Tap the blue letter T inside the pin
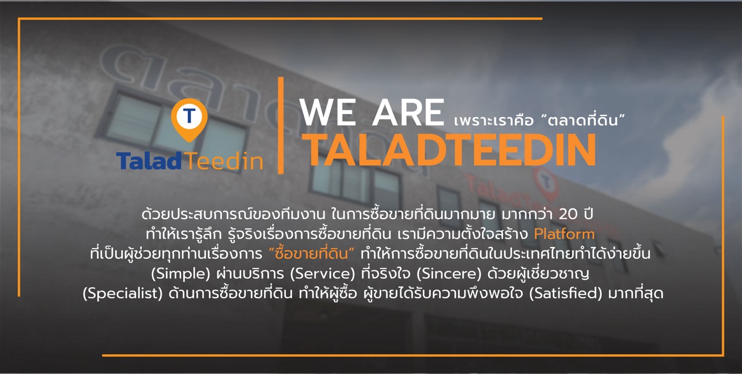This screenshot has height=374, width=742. [189, 115]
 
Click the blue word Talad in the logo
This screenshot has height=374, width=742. [149, 161]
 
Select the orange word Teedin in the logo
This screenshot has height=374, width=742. [224, 161]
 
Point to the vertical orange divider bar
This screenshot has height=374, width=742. [281, 125]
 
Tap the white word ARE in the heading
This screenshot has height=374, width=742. [408, 112]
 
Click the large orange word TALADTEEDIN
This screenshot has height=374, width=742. [449, 150]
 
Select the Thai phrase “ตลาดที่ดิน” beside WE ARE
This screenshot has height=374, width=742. [583, 120]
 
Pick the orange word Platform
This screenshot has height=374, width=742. [565, 234]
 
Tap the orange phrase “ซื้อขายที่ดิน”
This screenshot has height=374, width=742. [311, 253]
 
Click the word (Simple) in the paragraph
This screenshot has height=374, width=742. [180, 274]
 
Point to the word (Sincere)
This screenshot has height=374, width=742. [449, 274]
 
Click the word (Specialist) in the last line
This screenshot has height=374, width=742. [122, 294]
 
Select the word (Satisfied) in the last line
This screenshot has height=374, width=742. [565, 293]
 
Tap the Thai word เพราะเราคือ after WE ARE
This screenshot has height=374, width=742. [493, 121]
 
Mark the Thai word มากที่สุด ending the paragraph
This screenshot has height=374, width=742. [636, 293]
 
